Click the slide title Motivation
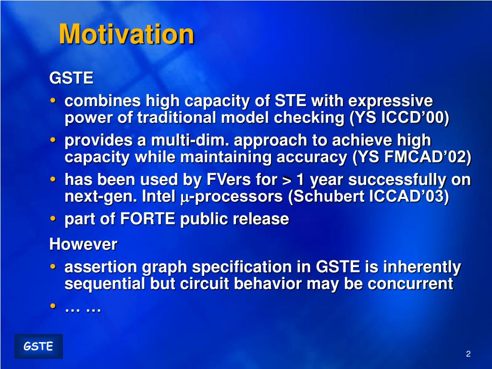click(126, 34)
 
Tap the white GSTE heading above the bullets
click(71, 77)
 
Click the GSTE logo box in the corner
click(38, 346)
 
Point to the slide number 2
click(468, 354)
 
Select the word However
click(83, 244)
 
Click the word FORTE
click(148, 219)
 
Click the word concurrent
click(410, 283)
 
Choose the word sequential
click(104, 283)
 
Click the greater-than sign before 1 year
click(287, 180)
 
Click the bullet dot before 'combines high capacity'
click(53, 100)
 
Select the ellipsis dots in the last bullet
click(83, 310)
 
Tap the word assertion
click(101, 267)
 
